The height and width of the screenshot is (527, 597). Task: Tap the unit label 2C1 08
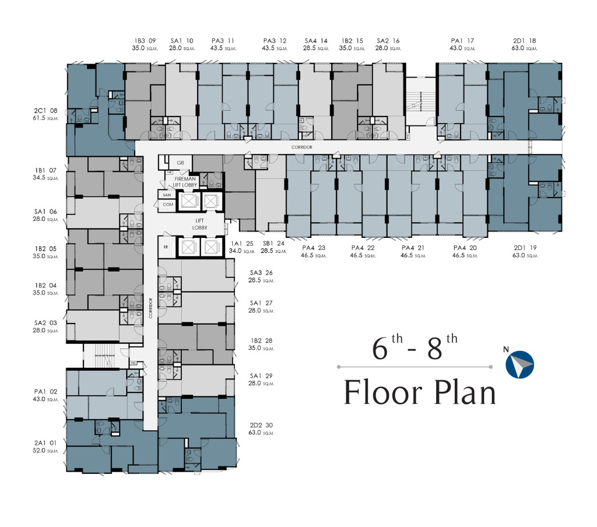46,110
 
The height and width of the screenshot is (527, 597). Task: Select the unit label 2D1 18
524,41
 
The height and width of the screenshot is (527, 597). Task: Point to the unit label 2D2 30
261,425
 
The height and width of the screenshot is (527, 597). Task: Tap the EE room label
166,247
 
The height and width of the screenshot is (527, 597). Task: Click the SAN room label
166,195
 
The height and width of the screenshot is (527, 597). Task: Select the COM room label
167,205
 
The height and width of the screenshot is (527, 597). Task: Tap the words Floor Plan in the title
419,392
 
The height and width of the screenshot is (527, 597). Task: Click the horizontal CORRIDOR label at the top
302,147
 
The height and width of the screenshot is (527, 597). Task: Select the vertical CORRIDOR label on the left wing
150,308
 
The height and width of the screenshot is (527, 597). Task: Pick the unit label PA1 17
462,41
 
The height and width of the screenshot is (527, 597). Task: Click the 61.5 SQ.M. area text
46,118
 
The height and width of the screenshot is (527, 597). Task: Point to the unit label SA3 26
261,272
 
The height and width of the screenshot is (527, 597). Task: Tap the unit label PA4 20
465,247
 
